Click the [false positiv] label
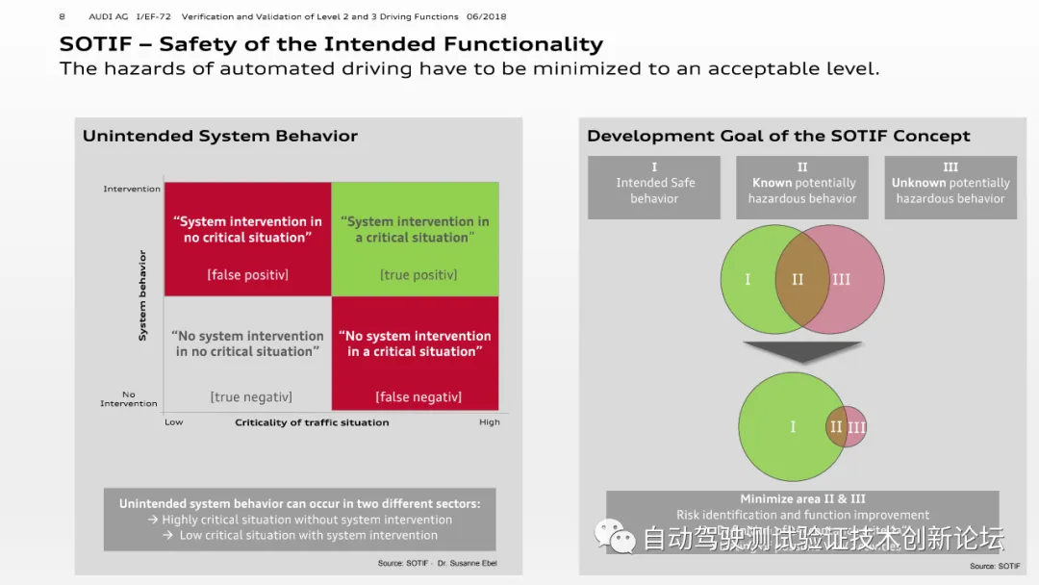(x=247, y=275)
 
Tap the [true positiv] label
(x=418, y=275)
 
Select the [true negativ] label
(x=251, y=396)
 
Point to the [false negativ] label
(x=418, y=396)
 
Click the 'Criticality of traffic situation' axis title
(x=312, y=422)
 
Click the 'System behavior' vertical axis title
(x=143, y=295)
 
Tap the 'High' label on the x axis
(x=490, y=422)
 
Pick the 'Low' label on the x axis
(x=174, y=422)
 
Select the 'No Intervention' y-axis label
(x=129, y=398)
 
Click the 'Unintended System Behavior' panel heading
(x=220, y=137)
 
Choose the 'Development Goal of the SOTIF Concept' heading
(x=778, y=137)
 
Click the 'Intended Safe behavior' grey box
(x=654, y=188)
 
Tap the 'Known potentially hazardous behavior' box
(x=802, y=188)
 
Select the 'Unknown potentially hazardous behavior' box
(x=950, y=188)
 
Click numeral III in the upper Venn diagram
(x=842, y=280)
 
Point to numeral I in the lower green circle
(x=793, y=426)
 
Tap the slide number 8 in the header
(x=63, y=16)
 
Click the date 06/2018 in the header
(x=486, y=16)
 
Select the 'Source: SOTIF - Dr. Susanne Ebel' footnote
(x=437, y=563)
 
